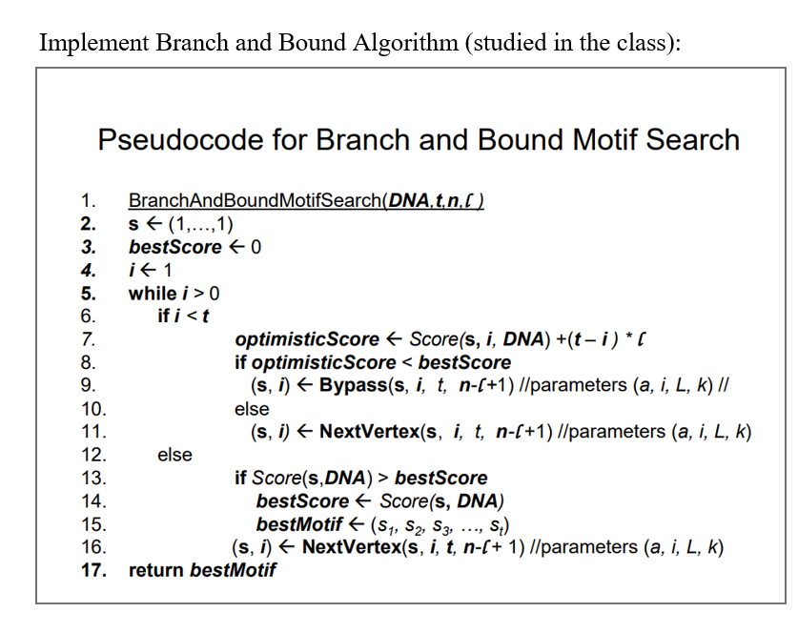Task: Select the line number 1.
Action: click(88, 201)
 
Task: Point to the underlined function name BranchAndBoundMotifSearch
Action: click(254, 201)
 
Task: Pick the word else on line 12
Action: click(174, 455)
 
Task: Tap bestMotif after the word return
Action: click(233, 570)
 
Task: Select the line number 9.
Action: click(88, 385)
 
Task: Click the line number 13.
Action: click(92, 478)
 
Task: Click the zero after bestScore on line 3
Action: click(256, 248)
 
